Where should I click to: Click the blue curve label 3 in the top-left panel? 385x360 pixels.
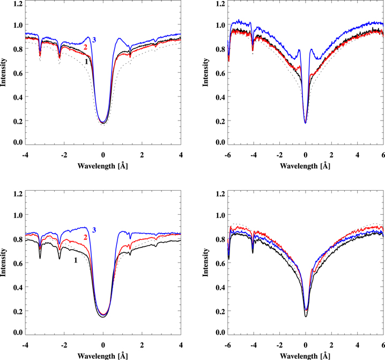(94, 40)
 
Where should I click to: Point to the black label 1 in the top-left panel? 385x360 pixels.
(85, 62)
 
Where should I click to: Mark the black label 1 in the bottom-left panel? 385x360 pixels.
(75, 260)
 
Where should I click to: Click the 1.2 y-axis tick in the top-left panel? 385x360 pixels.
(18, 4)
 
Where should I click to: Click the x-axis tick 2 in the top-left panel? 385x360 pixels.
(142, 155)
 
